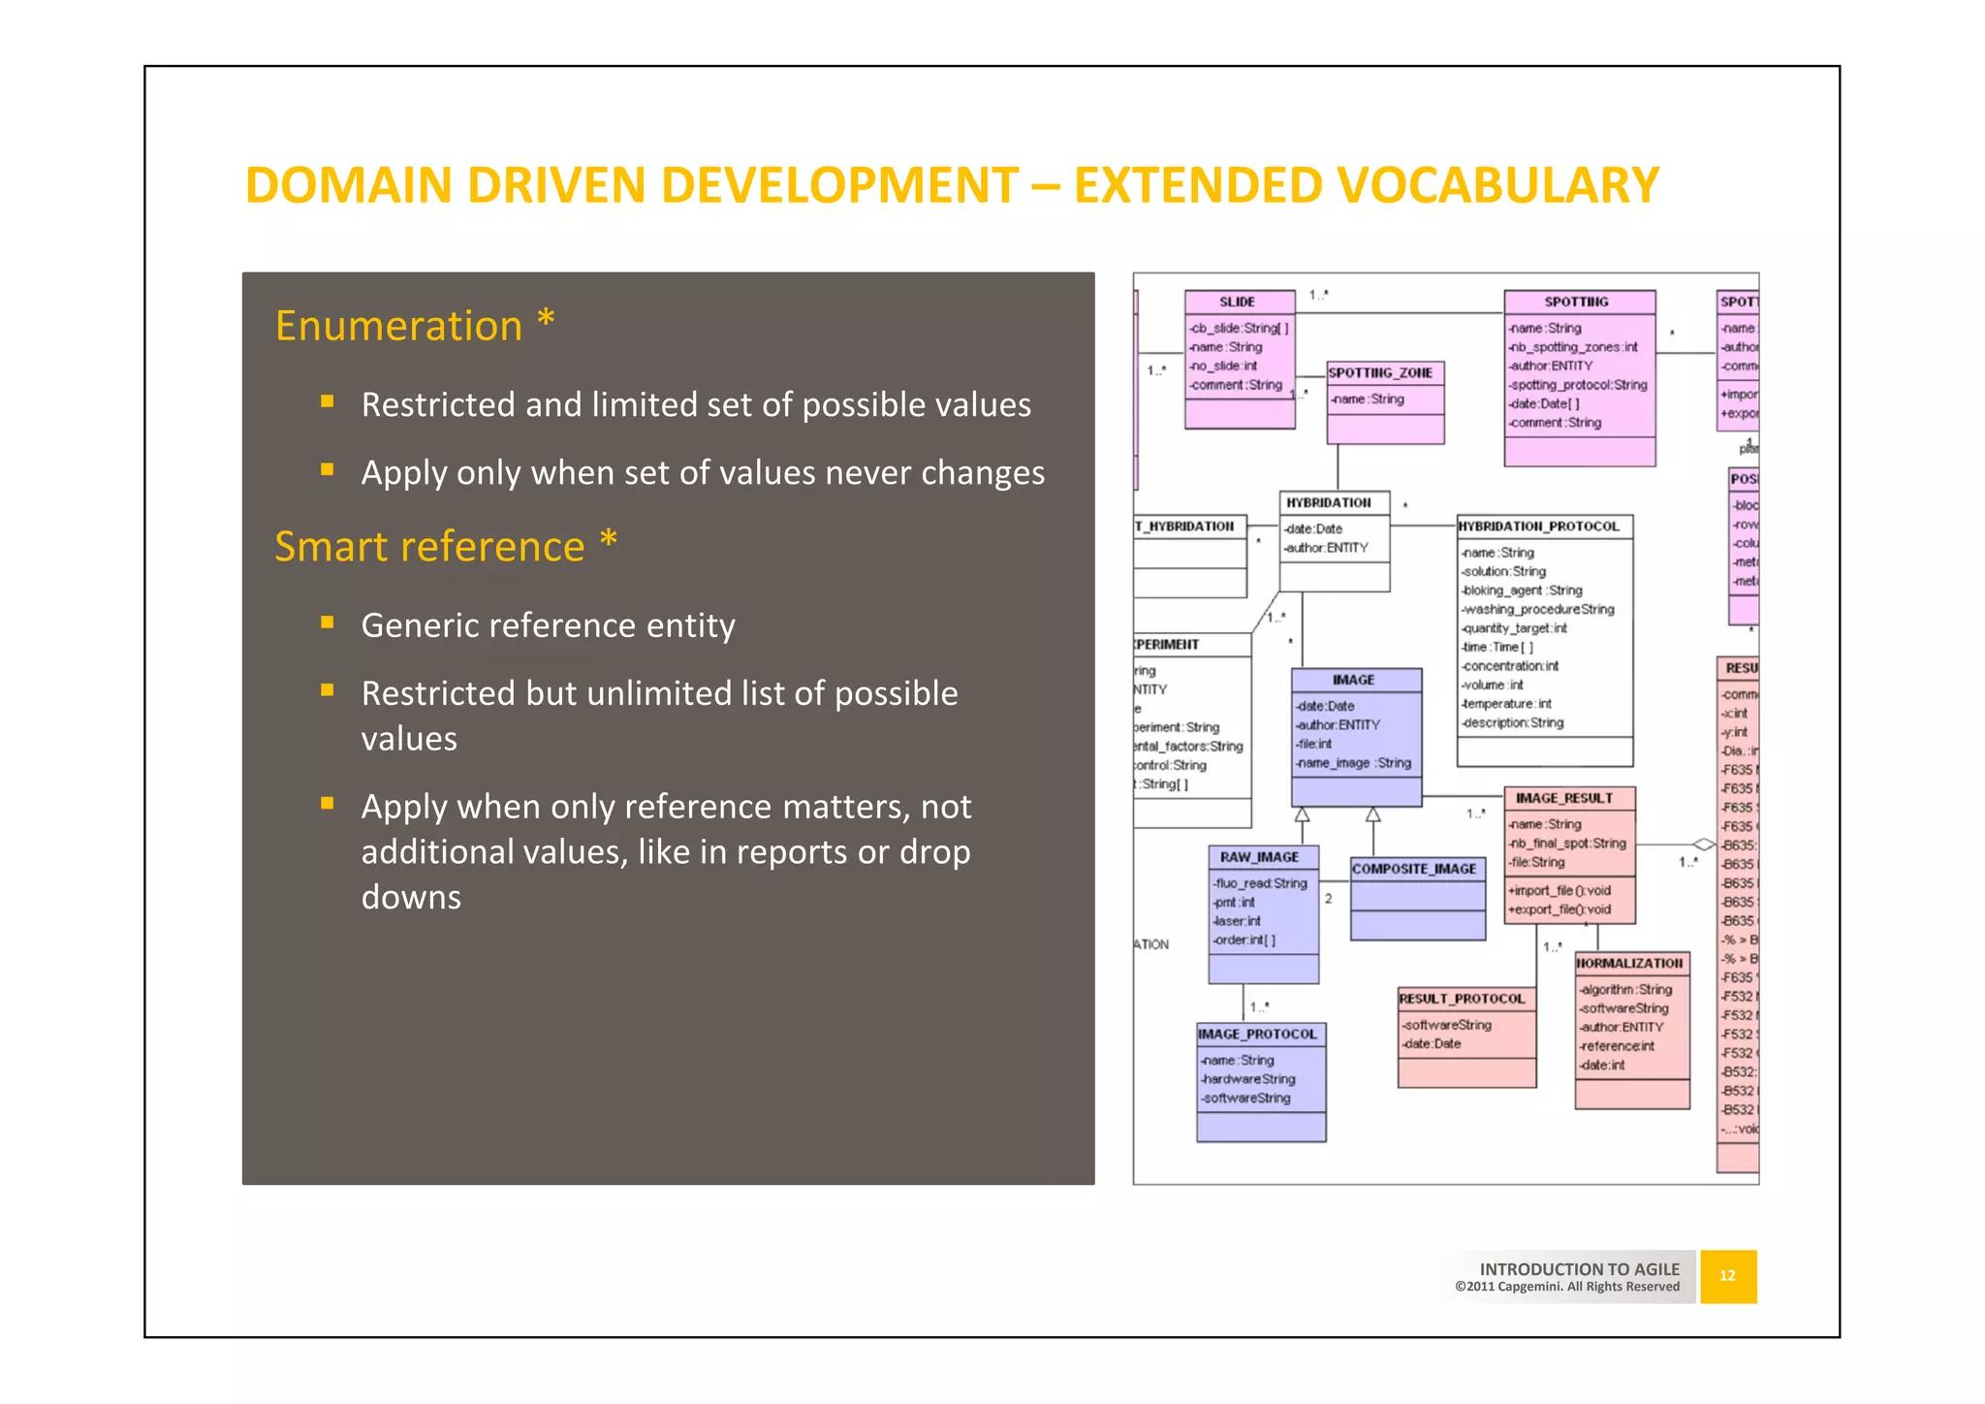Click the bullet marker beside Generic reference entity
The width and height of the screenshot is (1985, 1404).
point(328,622)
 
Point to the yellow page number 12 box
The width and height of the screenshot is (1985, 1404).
point(1727,1276)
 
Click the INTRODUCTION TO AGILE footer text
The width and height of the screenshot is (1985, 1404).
point(1579,1268)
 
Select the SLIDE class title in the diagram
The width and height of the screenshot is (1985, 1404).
point(1238,302)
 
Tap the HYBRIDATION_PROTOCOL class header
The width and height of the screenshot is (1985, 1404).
point(1538,526)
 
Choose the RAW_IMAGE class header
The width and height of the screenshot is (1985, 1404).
point(1259,857)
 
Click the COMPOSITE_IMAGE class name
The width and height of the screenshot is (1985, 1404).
point(1414,869)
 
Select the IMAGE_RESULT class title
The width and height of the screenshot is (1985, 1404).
point(1563,798)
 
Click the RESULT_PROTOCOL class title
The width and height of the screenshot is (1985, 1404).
point(1462,999)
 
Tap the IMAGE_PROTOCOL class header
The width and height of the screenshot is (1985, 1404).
point(1257,1035)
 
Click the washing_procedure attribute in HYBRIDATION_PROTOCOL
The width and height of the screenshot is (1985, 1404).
point(1538,609)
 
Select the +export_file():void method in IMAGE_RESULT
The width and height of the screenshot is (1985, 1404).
point(1559,909)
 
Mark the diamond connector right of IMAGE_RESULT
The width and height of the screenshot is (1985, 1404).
point(1703,844)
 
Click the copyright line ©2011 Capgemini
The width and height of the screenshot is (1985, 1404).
point(1566,1287)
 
